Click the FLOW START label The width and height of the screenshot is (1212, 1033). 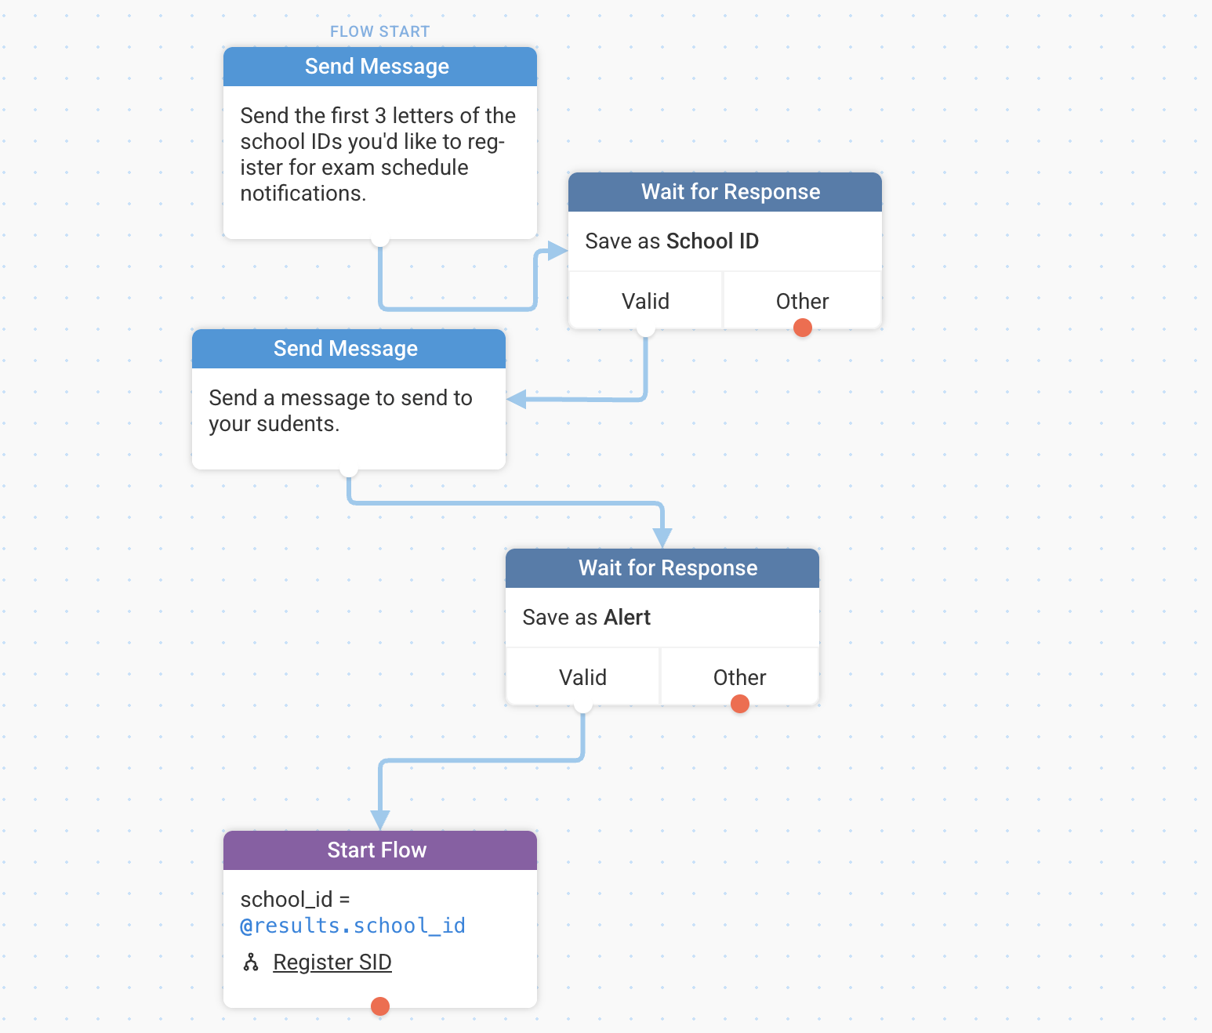[x=380, y=31]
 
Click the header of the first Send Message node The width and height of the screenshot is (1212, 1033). [x=380, y=67]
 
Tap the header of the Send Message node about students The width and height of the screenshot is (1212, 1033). [x=349, y=349]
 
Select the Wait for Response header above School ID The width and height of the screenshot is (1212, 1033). [x=724, y=192]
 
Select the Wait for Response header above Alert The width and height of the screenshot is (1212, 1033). [x=662, y=568]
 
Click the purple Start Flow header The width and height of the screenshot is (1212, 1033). [x=380, y=850]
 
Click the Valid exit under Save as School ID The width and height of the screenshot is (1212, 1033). [x=645, y=301]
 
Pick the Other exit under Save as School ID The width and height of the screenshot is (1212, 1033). [x=803, y=301]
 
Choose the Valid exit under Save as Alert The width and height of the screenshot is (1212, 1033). [x=582, y=677]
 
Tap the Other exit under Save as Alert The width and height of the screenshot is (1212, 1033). [x=740, y=677]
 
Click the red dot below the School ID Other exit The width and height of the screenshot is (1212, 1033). [x=803, y=328]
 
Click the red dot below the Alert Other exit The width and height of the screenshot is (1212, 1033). [x=740, y=704]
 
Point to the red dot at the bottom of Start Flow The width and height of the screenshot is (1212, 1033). [x=380, y=1006]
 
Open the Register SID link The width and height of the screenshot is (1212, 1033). [x=332, y=962]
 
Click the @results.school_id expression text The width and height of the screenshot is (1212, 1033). [x=353, y=926]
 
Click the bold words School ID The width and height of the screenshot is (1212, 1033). [x=713, y=241]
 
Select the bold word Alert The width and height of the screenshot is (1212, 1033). [x=627, y=618]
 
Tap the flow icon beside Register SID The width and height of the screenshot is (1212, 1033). [x=251, y=962]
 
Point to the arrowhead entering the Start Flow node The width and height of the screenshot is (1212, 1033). [x=380, y=820]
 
